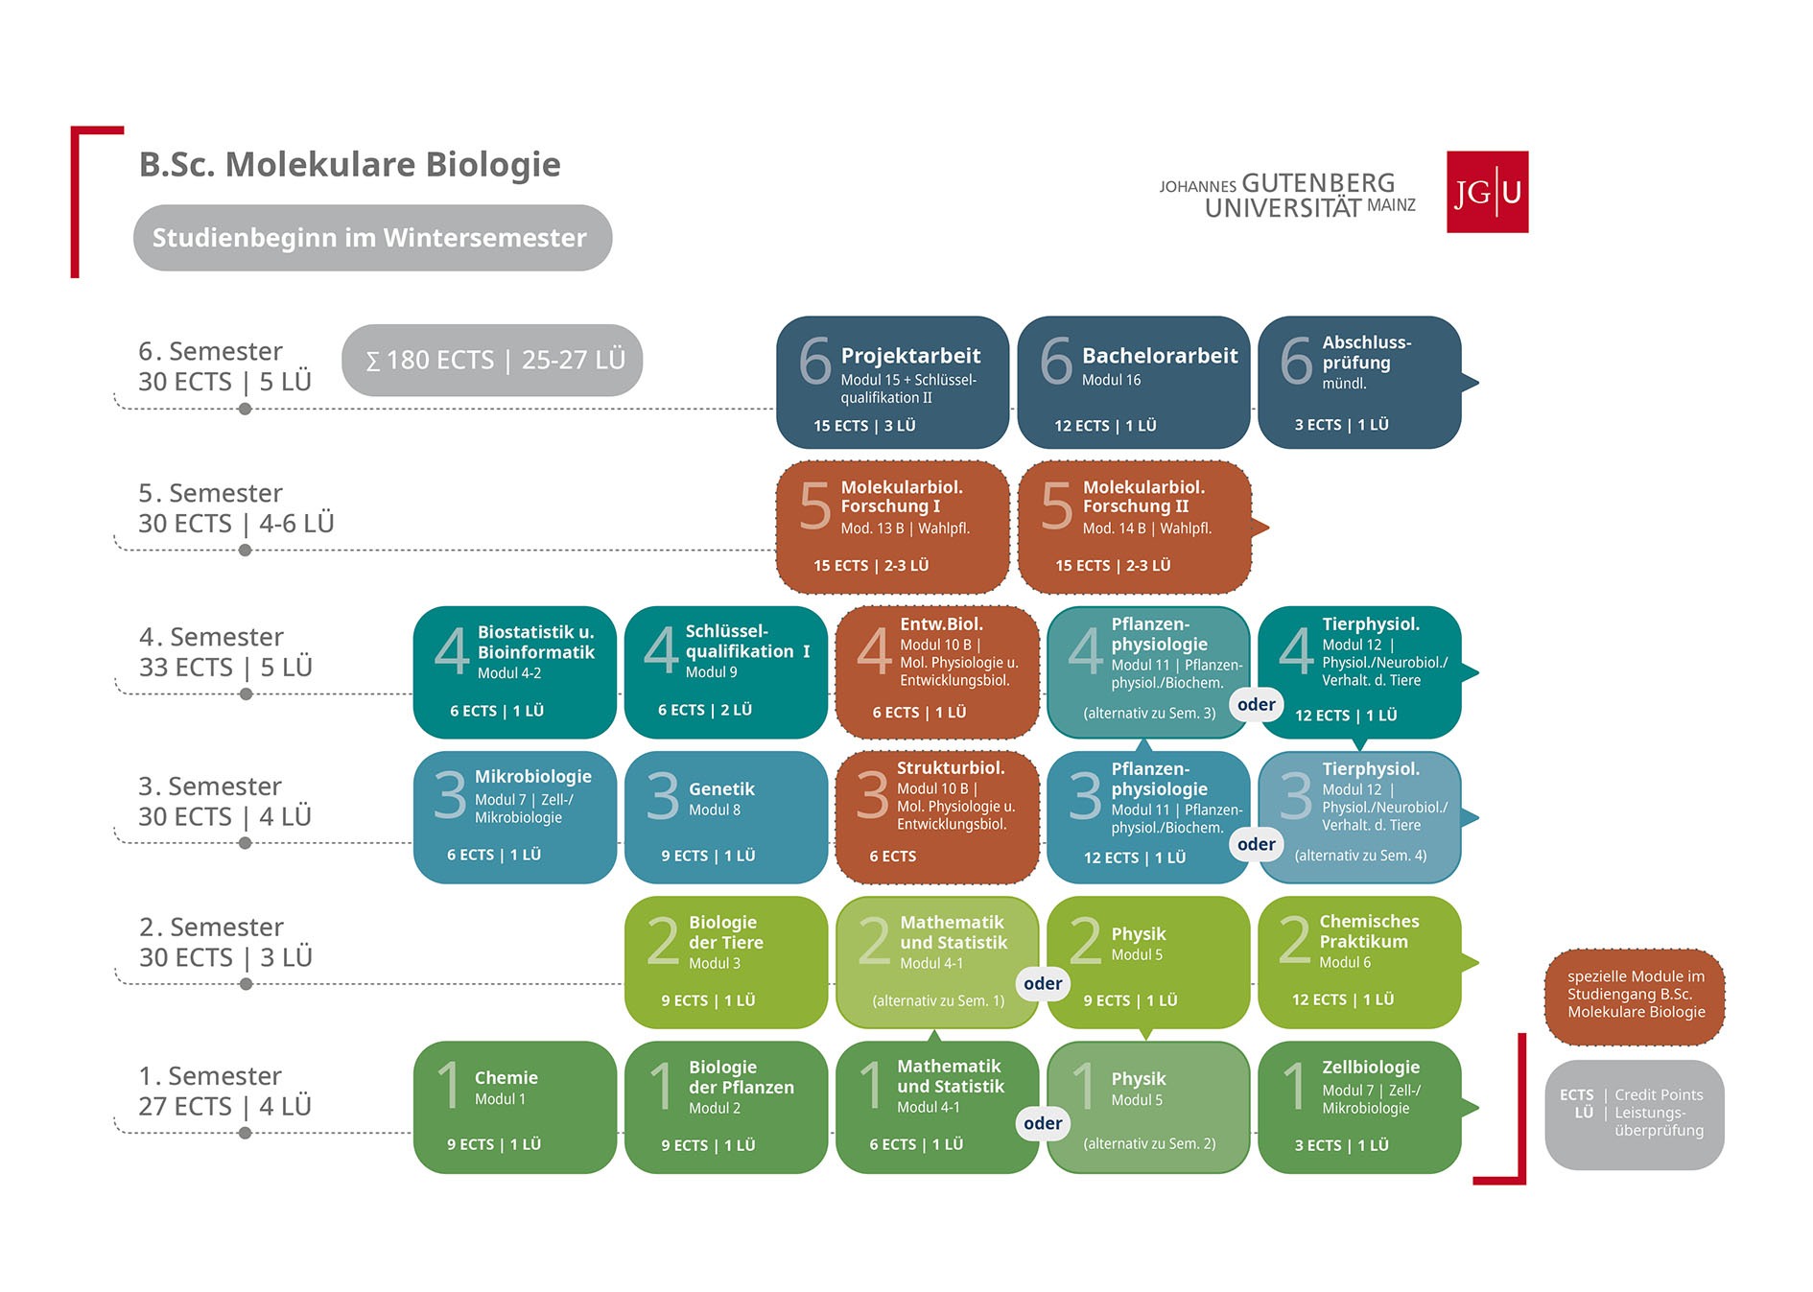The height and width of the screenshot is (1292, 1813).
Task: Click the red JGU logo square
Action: (1487, 192)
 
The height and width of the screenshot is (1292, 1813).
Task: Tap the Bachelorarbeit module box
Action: (1133, 383)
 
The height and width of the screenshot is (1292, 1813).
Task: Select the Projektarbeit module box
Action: (892, 383)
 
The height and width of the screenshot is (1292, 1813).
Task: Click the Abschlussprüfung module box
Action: (1360, 383)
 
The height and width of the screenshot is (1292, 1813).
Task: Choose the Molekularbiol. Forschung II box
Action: (1135, 527)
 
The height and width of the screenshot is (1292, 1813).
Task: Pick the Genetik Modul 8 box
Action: (726, 817)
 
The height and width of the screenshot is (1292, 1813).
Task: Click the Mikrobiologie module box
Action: (515, 817)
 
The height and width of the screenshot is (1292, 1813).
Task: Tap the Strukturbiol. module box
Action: (937, 817)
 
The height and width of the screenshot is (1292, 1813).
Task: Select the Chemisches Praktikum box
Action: (1360, 962)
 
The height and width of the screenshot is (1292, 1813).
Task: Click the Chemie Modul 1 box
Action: (515, 1107)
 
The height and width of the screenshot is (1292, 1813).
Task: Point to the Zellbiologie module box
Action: (1360, 1107)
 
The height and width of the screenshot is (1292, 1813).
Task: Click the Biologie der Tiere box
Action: (726, 962)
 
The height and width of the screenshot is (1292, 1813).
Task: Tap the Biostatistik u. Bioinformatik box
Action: (515, 672)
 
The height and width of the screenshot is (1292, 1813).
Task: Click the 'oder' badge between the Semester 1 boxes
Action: (1043, 1123)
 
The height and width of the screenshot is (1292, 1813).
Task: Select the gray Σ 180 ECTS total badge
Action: (492, 360)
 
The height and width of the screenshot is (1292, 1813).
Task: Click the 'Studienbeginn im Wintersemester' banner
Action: (372, 238)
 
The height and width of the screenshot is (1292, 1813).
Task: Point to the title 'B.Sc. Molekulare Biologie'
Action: (350, 164)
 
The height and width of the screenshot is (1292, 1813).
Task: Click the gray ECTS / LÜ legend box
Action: (1635, 1115)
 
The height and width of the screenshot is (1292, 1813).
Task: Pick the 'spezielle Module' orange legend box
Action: (1635, 996)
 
